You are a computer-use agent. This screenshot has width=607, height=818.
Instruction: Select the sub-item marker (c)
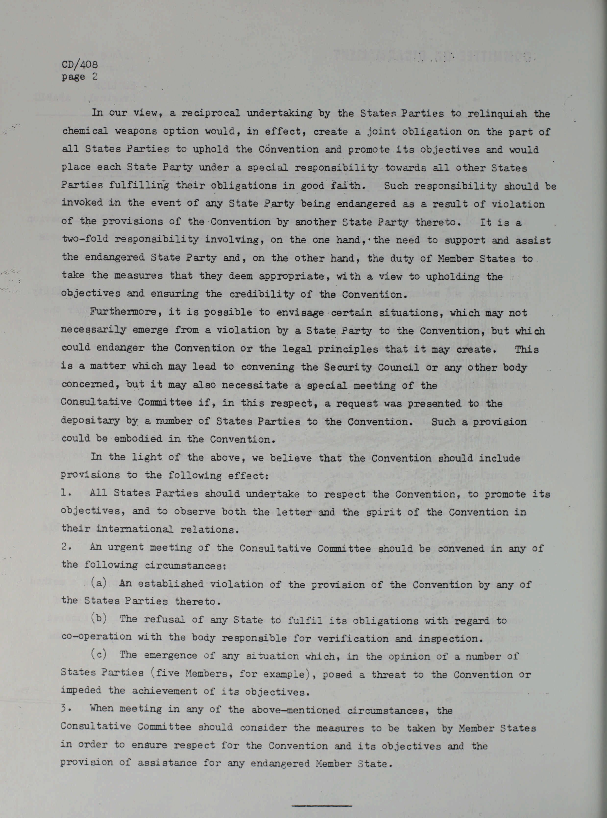coord(99,655)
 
